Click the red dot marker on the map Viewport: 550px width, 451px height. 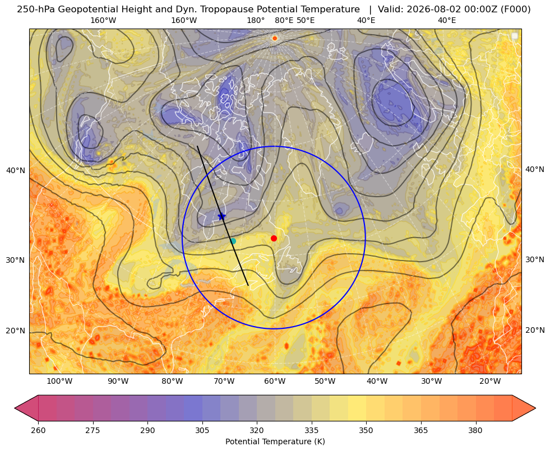tap(274, 238)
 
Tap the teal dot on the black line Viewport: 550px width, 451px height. tap(233, 241)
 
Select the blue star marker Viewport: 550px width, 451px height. tap(221, 216)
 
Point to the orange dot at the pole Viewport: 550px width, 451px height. tap(275, 38)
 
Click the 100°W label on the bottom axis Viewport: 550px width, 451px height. tap(59, 382)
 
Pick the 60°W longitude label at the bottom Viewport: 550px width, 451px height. tap(275, 382)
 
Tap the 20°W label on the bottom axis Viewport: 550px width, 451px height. tap(490, 382)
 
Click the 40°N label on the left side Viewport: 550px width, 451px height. tap(16, 171)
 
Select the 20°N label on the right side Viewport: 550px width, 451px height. tap(535, 330)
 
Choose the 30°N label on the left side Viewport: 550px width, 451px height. tap(16, 261)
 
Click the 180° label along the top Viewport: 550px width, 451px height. tap(256, 20)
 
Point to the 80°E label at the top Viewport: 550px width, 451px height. tap(284, 20)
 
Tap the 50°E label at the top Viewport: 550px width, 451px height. tap(306, 20)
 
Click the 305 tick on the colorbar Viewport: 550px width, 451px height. tap(202, 430)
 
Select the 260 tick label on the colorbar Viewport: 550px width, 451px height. tap(38, 430)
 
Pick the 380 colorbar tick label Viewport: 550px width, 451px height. tap(475, 430)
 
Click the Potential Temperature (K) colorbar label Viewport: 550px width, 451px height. tap(275, 441)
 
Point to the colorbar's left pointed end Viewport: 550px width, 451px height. tap(15, 408)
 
